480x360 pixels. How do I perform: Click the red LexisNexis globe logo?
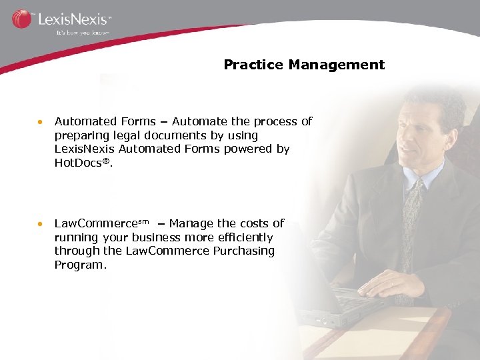[x=21, y=19]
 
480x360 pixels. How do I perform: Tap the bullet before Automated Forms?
[x=41, y=122]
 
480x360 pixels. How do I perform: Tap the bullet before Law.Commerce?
[x=41, y=224]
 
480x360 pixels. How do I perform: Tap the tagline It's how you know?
[x=81, y=31]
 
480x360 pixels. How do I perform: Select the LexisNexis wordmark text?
[x=73, y=19]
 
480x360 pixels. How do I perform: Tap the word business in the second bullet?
[x=158, y=237]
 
